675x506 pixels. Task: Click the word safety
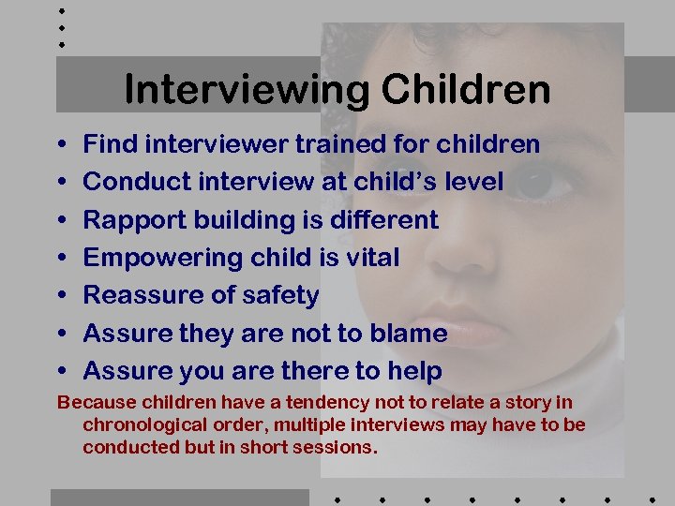point(277,295)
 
